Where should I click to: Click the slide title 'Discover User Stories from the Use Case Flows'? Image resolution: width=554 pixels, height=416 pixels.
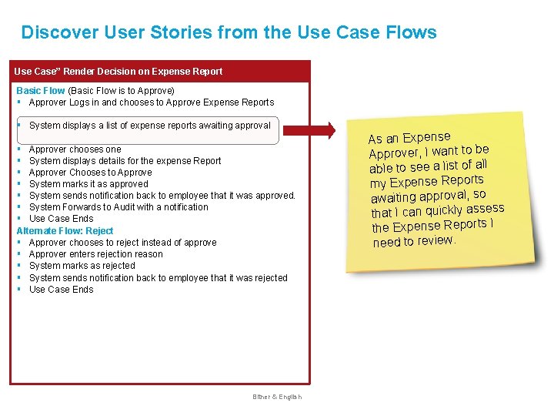coord(229,32)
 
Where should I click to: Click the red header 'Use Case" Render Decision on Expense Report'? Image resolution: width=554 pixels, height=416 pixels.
coord(118,72)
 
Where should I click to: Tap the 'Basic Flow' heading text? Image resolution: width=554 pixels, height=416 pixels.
coord(41,91)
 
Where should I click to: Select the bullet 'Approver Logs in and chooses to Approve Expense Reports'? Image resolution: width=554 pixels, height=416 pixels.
coord(151,102)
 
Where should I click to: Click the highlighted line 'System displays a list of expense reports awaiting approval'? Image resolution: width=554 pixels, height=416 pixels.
coord(149,126)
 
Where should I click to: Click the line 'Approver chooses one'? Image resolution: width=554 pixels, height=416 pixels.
coord(75,149)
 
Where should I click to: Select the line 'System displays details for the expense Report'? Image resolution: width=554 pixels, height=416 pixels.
coord(125,161)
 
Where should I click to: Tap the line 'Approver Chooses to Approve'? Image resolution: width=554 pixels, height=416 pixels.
coord(90,173)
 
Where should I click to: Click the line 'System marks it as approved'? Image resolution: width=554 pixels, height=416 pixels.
coord(88,184)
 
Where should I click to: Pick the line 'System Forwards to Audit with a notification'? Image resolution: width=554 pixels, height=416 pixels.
coord(118,207)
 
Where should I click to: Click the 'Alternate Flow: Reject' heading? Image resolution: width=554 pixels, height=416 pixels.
coord(65,231)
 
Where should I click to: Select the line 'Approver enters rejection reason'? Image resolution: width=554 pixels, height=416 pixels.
coord(95,254)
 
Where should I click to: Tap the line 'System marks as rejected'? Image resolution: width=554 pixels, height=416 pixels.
coord(82,266)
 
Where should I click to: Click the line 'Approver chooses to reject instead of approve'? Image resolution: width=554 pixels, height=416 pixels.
coord(122,243)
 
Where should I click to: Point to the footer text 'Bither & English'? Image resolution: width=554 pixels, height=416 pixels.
coord(277,397)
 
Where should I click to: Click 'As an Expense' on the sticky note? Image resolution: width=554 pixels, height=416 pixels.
coord(409,136)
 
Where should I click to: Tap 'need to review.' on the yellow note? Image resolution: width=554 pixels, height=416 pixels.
coord(414,241)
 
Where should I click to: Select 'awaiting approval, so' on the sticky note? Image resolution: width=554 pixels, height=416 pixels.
coord(428,196)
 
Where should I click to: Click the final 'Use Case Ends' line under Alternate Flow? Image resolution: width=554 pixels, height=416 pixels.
coord(61,290)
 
